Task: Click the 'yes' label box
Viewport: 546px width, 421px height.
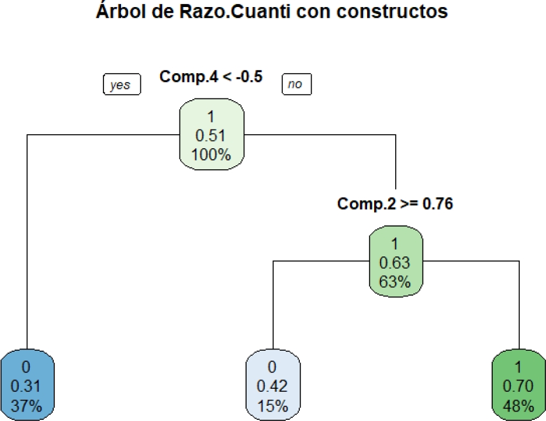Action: point(120,84)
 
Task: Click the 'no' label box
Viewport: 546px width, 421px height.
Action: point(296,84)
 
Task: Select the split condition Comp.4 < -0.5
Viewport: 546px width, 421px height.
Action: point(210,77)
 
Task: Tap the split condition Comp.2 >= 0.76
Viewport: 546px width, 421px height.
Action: point(395,204)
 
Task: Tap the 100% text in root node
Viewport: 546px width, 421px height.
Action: point(212,155)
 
